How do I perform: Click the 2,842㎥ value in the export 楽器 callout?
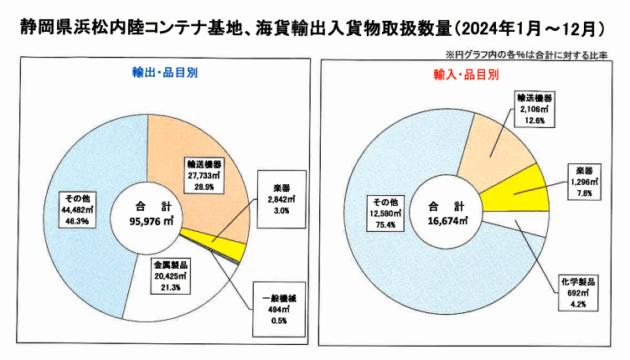coord(281,200)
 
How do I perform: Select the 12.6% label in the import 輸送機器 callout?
coord(533,120)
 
